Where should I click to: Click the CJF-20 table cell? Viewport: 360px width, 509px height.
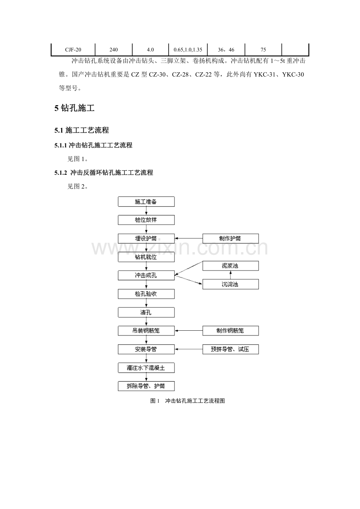[73, 50]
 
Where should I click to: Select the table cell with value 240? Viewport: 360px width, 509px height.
[113, 50]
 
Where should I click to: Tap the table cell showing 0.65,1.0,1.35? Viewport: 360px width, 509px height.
[188, 50]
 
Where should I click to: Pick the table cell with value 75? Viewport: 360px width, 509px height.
[263, 50]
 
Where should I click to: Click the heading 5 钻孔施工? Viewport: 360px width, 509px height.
[74, 108]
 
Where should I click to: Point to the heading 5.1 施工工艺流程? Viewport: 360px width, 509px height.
[82, 130]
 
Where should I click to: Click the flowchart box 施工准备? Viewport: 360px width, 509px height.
[146, 202]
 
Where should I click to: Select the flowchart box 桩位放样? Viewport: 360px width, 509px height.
[146, 220]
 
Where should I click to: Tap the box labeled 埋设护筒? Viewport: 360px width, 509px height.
[146, 238]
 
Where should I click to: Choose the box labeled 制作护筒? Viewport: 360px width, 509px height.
[230, 238]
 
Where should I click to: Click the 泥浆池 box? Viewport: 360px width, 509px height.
[230, 265]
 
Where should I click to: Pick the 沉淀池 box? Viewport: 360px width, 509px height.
[230, 284]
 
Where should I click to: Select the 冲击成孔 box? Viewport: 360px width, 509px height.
[146, 275]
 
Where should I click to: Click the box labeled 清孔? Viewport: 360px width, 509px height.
[146, 312]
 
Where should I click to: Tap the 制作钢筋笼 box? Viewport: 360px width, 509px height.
[230, 331]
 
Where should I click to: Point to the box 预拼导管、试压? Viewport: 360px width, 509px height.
[230, 349]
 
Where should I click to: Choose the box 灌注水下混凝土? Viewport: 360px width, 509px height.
[146, 368]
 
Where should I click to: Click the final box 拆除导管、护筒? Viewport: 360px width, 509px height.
[146, 386]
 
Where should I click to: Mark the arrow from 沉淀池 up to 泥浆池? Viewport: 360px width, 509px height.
[230, 275]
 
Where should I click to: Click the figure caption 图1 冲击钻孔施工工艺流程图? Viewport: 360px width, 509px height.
[187, 401]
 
